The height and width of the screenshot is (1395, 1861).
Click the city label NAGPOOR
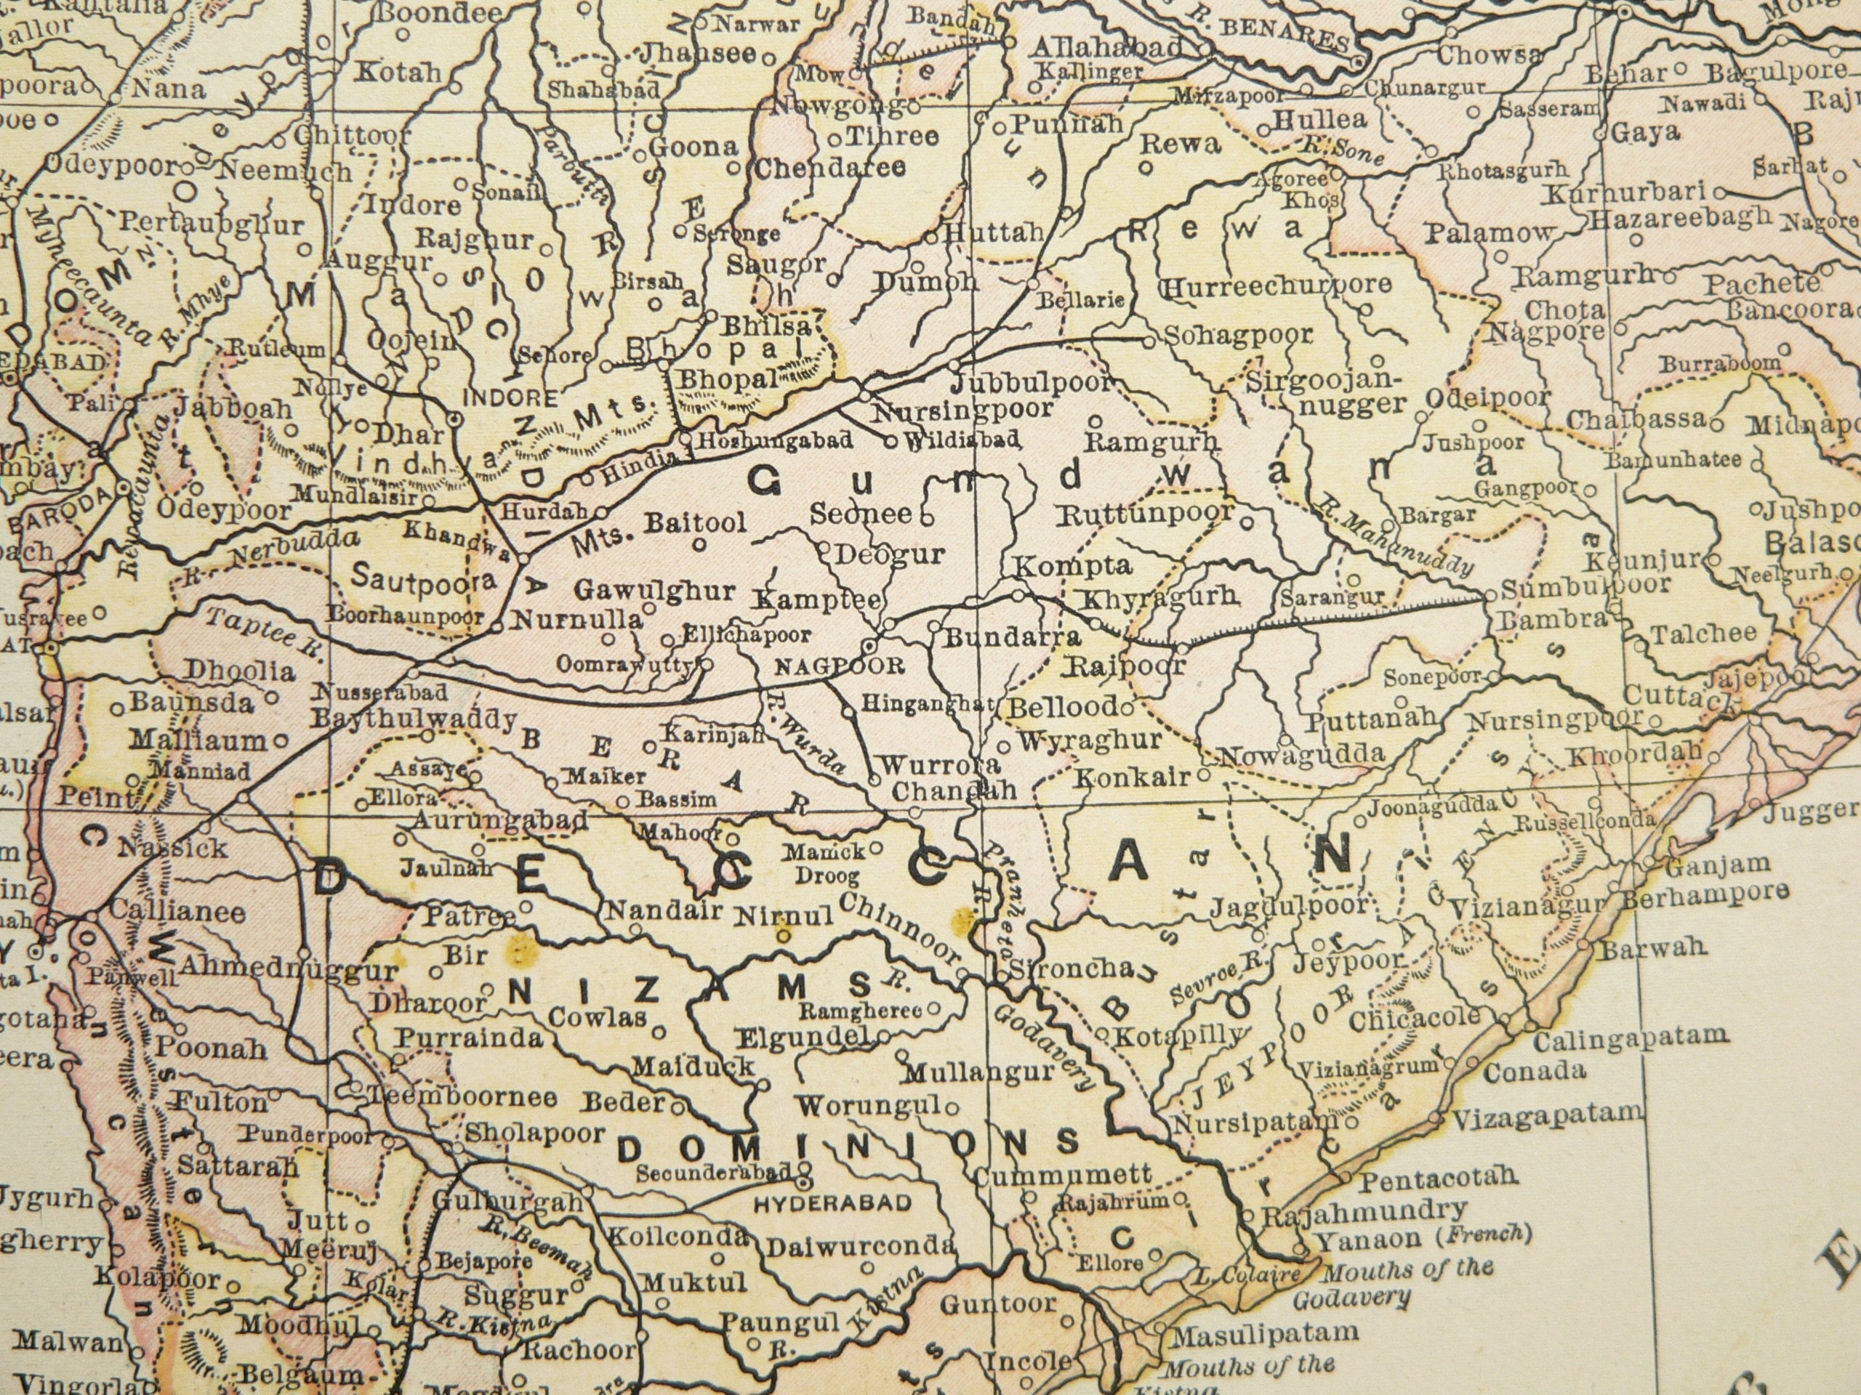click(839, 667)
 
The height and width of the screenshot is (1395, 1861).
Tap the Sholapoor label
click(535, 1133)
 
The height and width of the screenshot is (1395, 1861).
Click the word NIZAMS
click(689, 990)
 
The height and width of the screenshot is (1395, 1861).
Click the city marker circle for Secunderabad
click(803, 1170)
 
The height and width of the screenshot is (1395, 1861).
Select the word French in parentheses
click(1487, 1234)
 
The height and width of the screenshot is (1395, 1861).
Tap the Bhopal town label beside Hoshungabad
click(728, 379)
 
